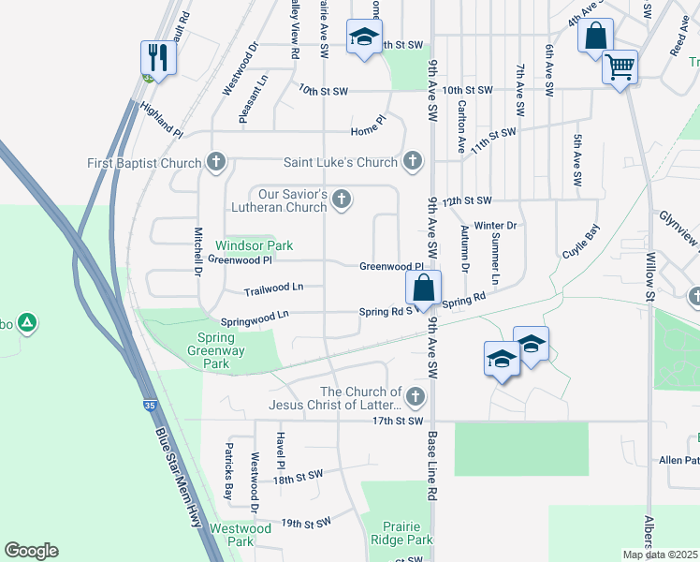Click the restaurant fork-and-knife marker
[x=159, y=58]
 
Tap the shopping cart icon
[x=620, y=67]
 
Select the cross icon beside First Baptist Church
[x=216, y=163]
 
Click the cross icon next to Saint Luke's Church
[x=412, y=162]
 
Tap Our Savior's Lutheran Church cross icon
[x=343, y=200]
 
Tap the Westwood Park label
[x=241, y=535]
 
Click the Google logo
[x=31, y=551]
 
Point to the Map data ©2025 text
[x=660, y=555]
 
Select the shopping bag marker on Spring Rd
[x=424, y=288]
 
